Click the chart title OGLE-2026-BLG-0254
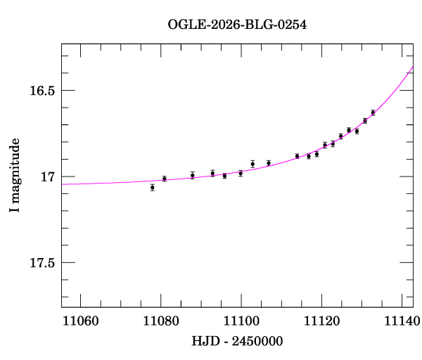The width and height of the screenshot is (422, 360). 237,25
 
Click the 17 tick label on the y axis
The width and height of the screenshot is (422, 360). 48,176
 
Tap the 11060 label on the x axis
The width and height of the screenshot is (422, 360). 81,321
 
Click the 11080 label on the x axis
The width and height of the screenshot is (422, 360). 161,321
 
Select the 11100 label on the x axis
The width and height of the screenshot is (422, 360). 241,321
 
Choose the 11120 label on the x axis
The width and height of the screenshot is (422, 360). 321,321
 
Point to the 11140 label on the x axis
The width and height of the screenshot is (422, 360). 402,321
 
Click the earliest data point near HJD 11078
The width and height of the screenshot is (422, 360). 153,188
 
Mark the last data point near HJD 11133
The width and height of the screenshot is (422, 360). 373,112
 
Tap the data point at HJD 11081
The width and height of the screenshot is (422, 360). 165,179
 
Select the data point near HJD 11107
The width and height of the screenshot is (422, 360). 269,163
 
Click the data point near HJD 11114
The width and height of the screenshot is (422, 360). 298,156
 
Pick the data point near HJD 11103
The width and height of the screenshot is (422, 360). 252,164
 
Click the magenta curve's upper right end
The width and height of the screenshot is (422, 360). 412,66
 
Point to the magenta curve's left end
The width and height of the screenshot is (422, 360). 62,184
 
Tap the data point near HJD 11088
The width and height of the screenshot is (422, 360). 193,175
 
